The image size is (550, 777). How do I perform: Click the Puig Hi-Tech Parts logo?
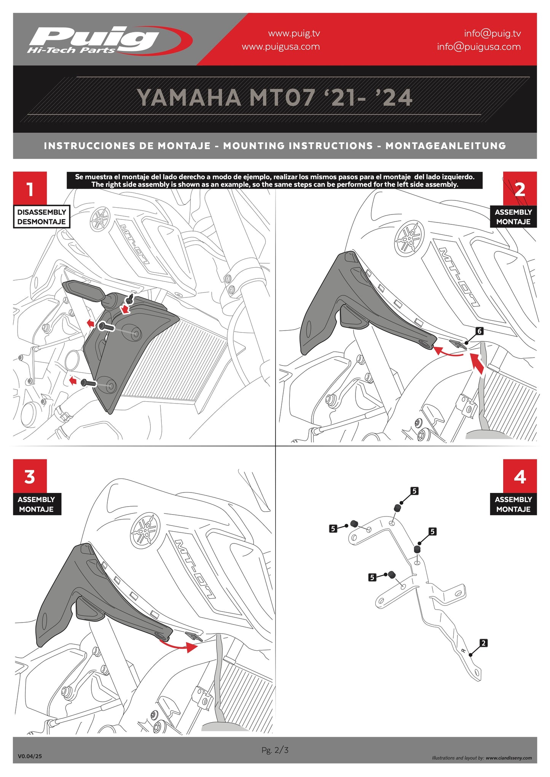108,40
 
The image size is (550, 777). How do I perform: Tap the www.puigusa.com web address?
281,47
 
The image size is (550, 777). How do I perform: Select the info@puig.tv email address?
492,33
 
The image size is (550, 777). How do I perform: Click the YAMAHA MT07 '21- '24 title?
274,98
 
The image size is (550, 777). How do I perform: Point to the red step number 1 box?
30,188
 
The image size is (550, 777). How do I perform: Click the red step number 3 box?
30,476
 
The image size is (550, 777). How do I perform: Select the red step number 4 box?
520,476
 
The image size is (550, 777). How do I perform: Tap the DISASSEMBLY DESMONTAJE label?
41,217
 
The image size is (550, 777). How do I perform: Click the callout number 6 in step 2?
479,331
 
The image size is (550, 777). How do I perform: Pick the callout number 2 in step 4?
483,643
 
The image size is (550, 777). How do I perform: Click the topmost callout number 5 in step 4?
414,491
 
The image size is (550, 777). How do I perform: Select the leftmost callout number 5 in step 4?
333,528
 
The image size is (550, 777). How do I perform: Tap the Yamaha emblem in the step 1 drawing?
100,219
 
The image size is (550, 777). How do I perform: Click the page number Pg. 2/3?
275,750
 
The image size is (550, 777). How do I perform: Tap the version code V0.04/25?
30,756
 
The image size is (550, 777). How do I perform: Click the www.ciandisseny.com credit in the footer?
509,758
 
